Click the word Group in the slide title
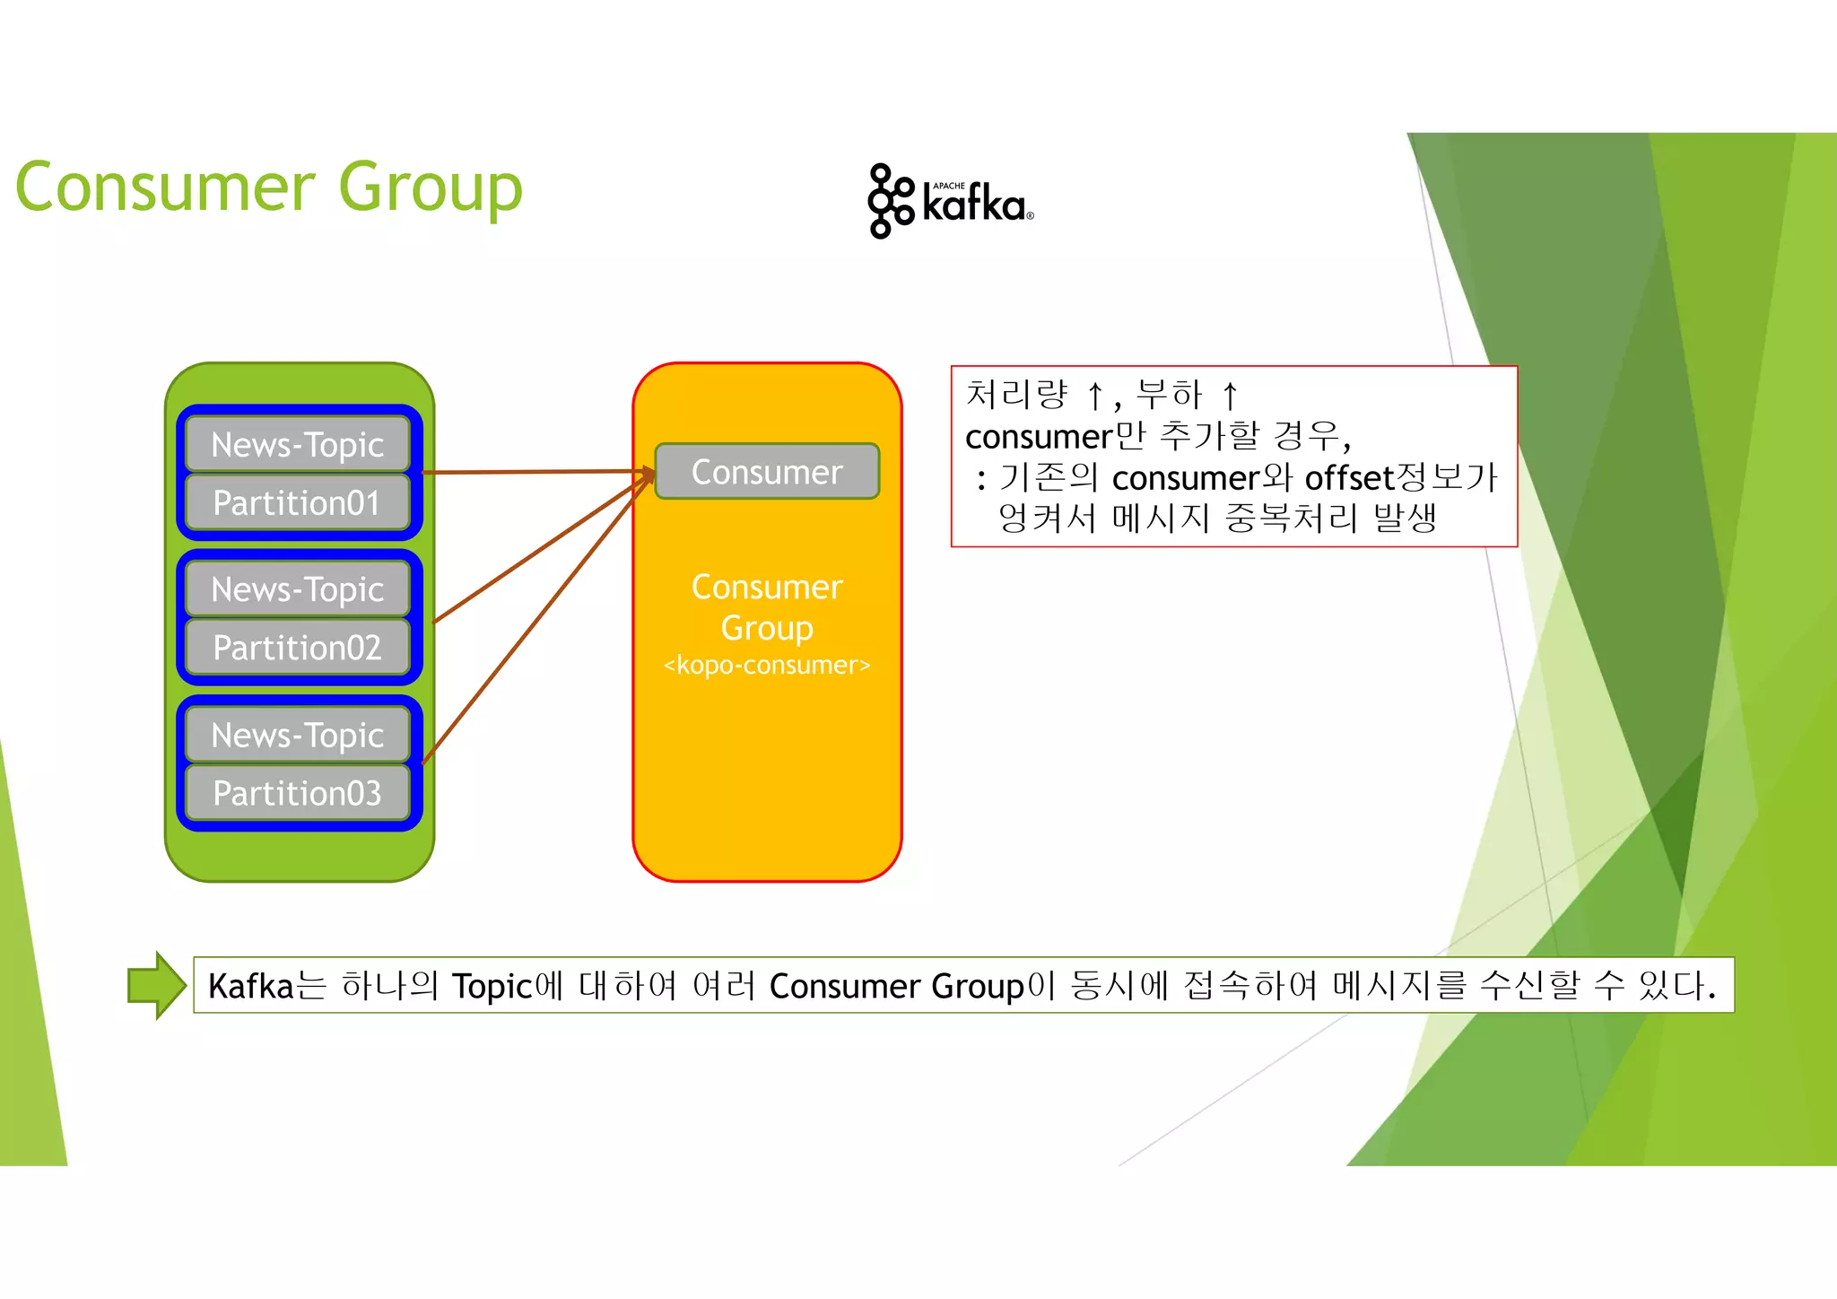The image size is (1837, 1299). click(431, 187)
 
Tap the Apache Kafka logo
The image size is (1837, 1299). click(950, 201)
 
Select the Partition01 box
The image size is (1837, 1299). click(297, 503)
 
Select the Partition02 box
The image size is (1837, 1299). click(297, 648)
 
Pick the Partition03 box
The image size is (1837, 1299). click(297, 793)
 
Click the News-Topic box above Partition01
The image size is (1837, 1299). click(297, 445)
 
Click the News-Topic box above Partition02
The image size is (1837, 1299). click(297, 589)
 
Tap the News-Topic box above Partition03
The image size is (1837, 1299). click(297, 735)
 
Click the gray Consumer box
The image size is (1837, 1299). click(767, 472)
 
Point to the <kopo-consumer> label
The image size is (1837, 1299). click(767, 666)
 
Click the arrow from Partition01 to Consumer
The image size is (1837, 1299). click(538, 471)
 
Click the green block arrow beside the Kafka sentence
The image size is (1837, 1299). click(157, 985)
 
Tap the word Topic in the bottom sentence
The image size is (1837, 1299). click(492, 986)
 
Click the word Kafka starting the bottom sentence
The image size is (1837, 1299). click(251, 986)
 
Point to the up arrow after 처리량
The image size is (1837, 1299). click(1094, 395)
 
